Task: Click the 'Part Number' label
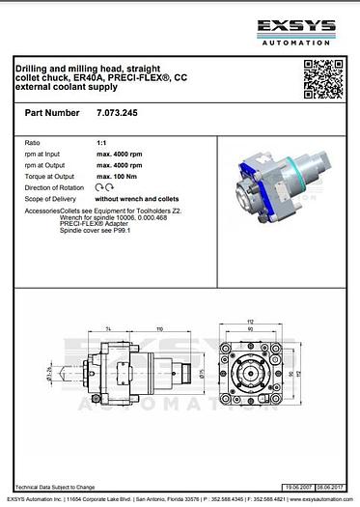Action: click(x=52, y=113)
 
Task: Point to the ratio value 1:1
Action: click(x=102, y=142)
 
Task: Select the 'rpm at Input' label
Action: click(x=45, y=154)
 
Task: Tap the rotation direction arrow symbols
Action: click(x=107, y=186)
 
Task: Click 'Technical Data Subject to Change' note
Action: click(x=55, y=488)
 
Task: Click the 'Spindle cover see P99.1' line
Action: click(x=96, y=232)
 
